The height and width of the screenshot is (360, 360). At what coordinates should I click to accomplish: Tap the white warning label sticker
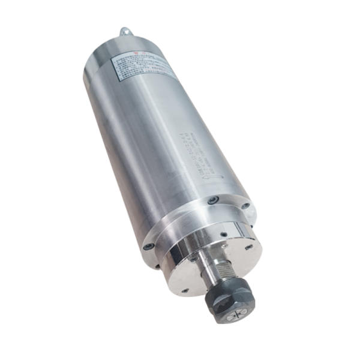[x=142, y=67]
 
